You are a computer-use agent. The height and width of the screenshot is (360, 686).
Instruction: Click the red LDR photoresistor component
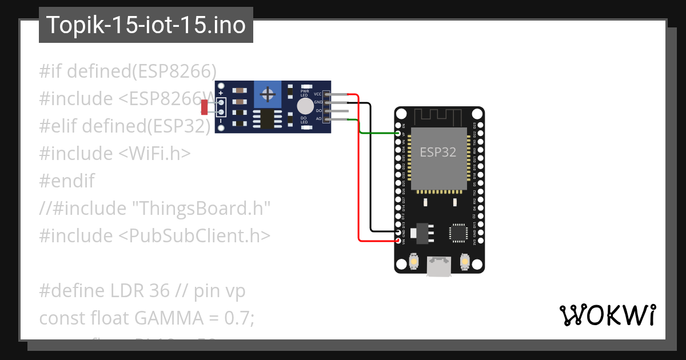coord(204,106)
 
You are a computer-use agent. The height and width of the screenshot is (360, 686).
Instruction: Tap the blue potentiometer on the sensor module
coord(267,93)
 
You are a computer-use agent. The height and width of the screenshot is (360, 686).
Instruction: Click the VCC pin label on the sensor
coord(317,93)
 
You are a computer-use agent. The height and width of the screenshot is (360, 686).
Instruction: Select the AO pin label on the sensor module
coord(318,119)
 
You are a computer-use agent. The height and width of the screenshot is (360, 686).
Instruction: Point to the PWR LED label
coord(305,93)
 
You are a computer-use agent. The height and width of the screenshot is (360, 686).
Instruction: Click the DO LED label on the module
coord(305,120)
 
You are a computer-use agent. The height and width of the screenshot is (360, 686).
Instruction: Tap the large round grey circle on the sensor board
coord(306,106)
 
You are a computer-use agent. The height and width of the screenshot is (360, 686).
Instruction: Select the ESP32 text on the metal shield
coord(438,152)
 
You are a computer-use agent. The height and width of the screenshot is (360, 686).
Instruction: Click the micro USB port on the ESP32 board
coord(438,266)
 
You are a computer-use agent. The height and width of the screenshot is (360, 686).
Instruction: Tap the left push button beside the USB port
coord(414,262)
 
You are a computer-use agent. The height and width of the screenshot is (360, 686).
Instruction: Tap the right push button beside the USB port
coord(464,262)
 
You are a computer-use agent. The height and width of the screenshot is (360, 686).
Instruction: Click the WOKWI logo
coord(607,315)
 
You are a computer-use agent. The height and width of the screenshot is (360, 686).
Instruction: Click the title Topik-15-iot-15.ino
coord(146,25)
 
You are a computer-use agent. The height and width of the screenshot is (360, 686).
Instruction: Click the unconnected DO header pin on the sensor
coord(337,110)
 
